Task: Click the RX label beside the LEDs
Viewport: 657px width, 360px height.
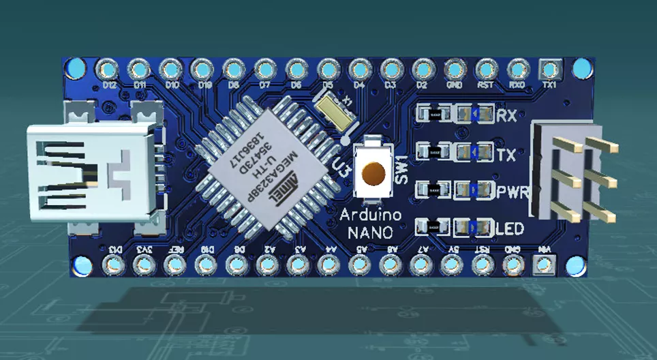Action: click(506, 115)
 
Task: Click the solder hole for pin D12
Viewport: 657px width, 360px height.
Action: click(108, 69)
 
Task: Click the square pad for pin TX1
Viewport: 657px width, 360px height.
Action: click(549, 69)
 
